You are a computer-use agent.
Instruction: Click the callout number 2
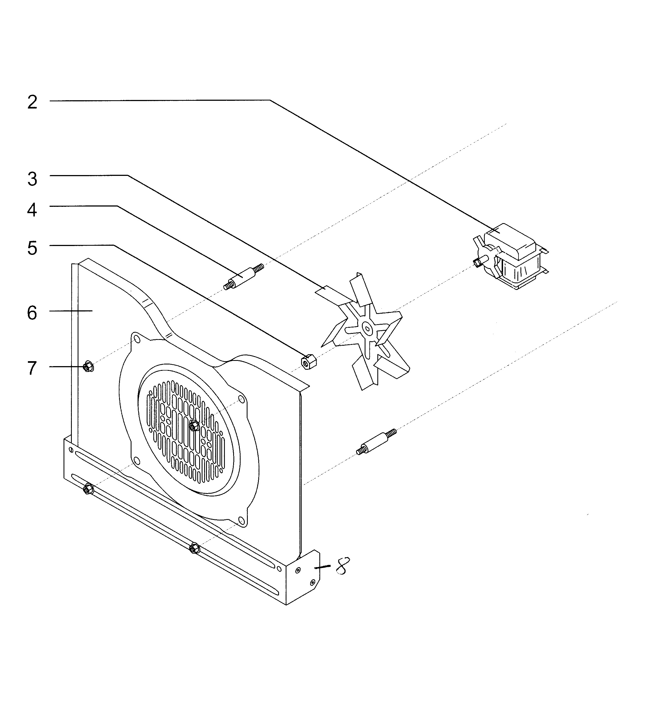[x=32, y=103]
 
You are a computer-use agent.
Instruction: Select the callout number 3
[x=32, y=179]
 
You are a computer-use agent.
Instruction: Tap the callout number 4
[x=32, y=210]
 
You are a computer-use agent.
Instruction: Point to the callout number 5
[x=32, y=248]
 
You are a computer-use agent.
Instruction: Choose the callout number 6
[x=32, y=313]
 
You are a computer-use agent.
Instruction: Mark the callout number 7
[x=32, y=368]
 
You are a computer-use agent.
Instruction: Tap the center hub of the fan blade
[x=367, y=329]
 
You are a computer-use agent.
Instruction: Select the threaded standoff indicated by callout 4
[x=244, y=277]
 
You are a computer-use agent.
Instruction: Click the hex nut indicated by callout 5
[x=309, y=361]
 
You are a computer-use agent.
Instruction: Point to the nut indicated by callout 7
[x=88, y=367]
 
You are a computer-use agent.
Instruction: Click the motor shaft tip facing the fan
[x=477, y=262]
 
